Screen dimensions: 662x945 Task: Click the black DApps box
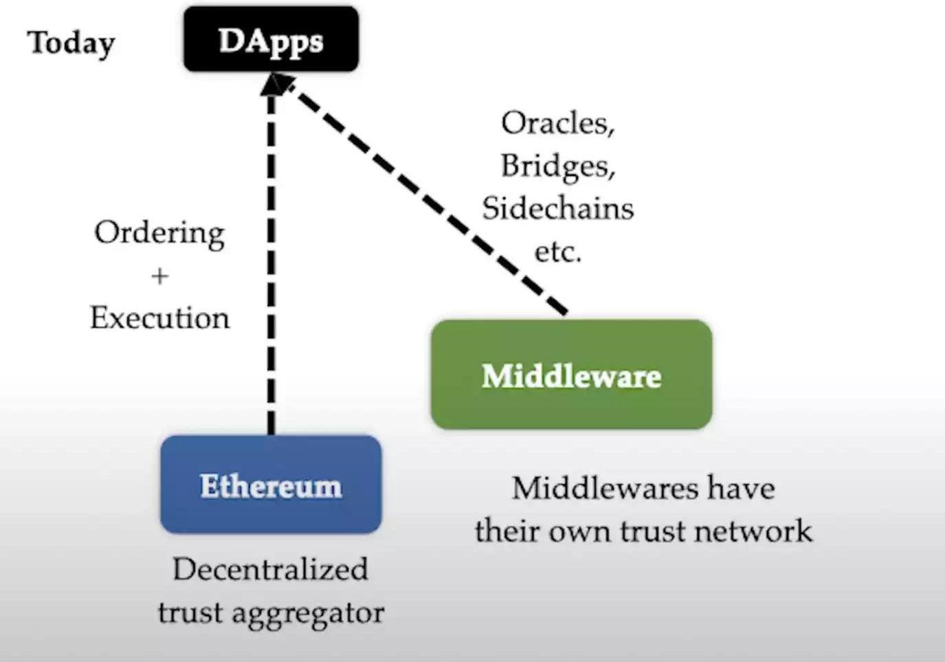pos(271,40)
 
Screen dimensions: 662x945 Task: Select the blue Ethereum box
pos(271,485)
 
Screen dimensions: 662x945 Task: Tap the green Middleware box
pos(571,375)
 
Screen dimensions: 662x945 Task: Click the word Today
pos(71,43)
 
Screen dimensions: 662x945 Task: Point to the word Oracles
pos(557,124)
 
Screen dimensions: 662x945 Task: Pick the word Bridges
pos(557,166)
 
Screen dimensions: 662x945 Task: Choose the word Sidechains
pos(557,208)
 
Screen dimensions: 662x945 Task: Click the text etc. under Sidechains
pos(557,252)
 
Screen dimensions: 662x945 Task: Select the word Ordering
pos(159,234)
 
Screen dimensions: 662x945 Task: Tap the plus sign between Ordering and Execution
pos(159,276)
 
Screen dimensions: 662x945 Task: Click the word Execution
pos(159,318)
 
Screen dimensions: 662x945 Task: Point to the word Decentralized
pos(270,569)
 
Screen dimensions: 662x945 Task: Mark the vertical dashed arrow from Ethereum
pos(271,275)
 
